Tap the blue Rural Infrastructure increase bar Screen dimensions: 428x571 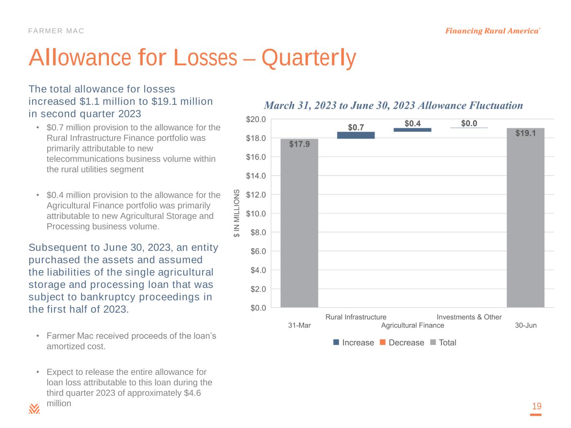click(356, 135)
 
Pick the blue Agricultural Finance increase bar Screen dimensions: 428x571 click(412, 130)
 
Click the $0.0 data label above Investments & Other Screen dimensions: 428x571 click(469, 123)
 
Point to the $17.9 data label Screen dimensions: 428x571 click(300, 144)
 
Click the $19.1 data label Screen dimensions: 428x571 click(525, 133)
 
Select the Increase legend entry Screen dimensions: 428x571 click(353, 343)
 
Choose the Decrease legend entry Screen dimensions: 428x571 click(402, 343)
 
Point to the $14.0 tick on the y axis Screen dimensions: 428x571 click(256, 176)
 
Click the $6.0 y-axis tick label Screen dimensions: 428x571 click(258, 251)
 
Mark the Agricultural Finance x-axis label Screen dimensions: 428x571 click(412, 325)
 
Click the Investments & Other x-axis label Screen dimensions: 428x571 click(469, 317)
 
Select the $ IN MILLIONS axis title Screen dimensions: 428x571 click(237, 213)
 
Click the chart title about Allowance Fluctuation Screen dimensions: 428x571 click(393, 105)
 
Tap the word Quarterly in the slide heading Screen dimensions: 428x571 click(309, 58)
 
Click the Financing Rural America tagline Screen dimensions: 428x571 click(492, 31)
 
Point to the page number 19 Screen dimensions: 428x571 click(536, 406)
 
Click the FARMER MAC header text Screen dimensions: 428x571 click(56, 31)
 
